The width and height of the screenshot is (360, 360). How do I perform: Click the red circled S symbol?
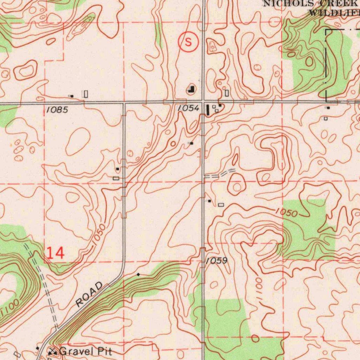click(188, 42)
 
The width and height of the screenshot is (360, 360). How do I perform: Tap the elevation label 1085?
click(57, 110)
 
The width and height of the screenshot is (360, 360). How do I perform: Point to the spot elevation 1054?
click(188, 109)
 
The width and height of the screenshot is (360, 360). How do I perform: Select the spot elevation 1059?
click(217, 261)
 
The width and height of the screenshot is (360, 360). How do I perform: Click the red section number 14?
click(55, 253)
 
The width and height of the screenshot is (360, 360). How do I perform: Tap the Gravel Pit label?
click(86, 351)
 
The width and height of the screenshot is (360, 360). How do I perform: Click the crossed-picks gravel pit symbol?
click(53, 351)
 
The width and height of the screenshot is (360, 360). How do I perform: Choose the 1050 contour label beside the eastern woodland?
click(286, 212)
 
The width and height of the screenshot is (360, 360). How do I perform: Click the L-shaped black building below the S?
click(191, 90)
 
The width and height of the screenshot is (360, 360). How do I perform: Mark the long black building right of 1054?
click(207, 109)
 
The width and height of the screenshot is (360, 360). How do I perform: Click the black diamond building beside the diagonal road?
click(139, 274)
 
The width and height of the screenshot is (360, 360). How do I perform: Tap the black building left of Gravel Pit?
click(38, 348)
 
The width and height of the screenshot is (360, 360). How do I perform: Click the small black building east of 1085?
click(72, 96)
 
